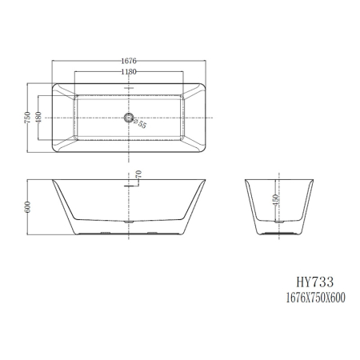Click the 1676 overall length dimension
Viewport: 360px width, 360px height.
(127, 59)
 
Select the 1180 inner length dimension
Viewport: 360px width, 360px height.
(127, 71)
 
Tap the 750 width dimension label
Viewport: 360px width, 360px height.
(27, 117)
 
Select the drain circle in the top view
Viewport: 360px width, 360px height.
(127, 118)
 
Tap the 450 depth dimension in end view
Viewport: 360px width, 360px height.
(277, 199)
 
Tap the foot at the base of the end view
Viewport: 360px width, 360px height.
(277, 234)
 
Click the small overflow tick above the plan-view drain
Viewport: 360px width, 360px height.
(127, 89)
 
